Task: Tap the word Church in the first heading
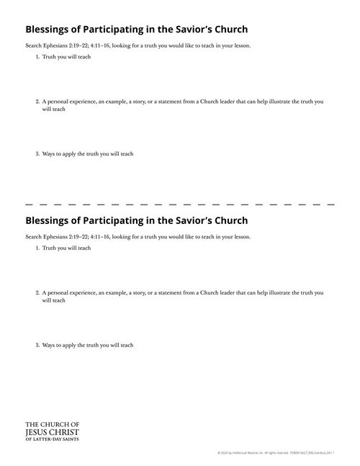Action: (228, 30)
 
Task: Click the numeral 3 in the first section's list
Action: (37, 154)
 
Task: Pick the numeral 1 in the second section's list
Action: (37, 248)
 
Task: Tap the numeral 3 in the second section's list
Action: (37, 345)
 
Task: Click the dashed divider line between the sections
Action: (180, 205)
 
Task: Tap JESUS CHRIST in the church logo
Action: (52, 431)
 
